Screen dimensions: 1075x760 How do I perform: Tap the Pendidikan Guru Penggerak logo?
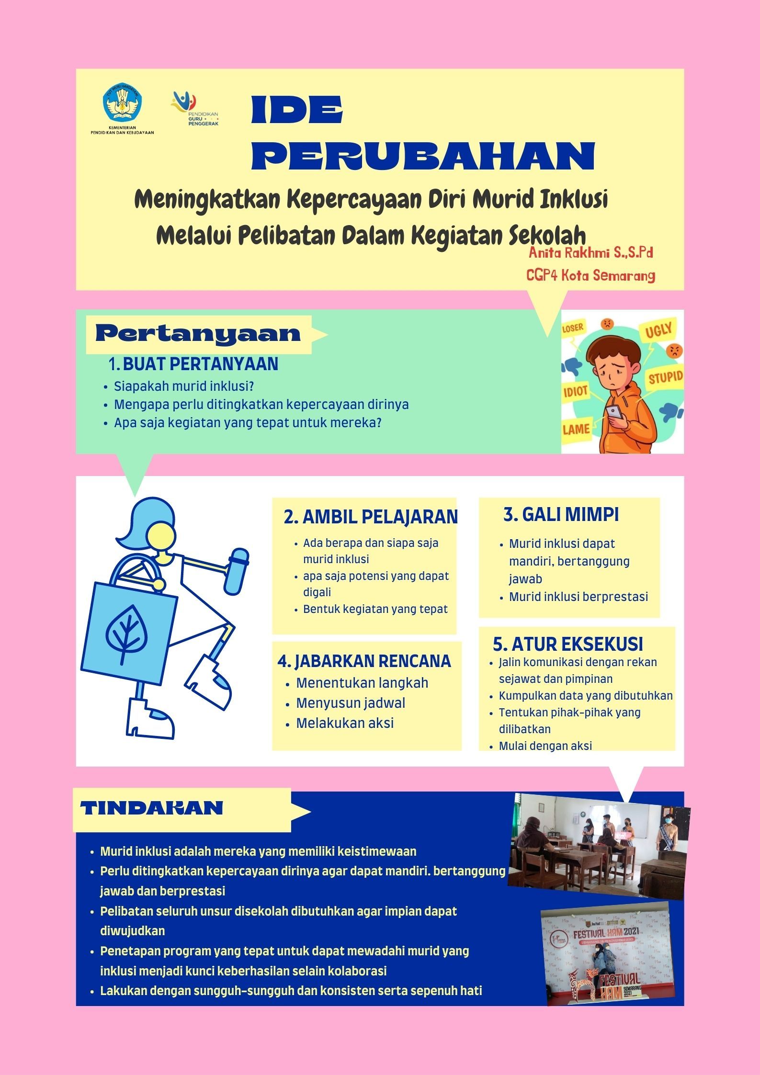click(x=193, y=108)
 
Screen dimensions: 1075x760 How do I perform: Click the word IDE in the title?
click(x=297, y=110)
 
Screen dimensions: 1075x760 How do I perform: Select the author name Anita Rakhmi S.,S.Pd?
click(x=590, y=252)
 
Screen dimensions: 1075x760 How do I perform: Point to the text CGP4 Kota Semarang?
click(x=590, y=275)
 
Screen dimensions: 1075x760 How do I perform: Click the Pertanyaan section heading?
click(x=198, y=334)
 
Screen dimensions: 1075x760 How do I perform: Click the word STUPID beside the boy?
click(x=665, y=378)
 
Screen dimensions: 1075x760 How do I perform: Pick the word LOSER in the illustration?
click(x=573, y=328)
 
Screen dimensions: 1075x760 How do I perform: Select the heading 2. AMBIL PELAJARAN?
click(x=370, y=517)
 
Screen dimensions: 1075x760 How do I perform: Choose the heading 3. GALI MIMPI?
click(x=561, y=514)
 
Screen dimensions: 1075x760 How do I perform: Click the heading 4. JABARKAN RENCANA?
click(x=364, y=661)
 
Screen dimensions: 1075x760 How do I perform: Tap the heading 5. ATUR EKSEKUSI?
click(x=567, y=644)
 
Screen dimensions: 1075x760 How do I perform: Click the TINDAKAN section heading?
click(x=152, y=808)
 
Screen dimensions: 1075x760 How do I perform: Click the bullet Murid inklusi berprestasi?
click(x=578, y=597)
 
